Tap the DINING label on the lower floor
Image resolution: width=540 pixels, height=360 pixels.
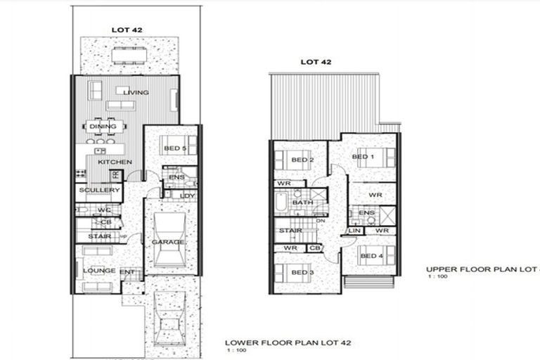[x=98, y=127]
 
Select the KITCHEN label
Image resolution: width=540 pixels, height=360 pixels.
[x=115, y=162]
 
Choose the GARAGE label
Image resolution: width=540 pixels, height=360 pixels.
[x=168, y=243]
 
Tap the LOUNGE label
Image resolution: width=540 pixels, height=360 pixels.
[x=99, y=270]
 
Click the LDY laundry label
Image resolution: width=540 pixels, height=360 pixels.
[x=187, y=195]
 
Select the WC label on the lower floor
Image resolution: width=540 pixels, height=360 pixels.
[x=105, y=210]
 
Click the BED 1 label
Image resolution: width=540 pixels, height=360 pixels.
[x=363, y=157]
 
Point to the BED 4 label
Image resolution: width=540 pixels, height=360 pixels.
[x=372, y=256]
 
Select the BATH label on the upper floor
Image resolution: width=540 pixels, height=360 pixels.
[x=302, y=202]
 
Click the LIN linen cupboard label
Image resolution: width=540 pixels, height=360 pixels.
[x=354, y=231]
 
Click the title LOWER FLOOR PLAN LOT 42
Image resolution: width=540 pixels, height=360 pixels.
[x=287, y=342]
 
